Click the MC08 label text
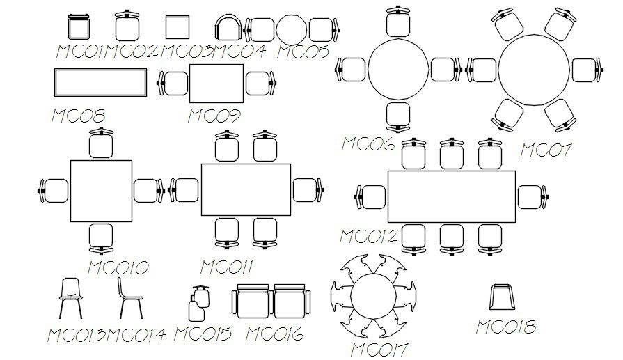(x=78, y=116)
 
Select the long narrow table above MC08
(x=100, y=84)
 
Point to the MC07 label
(x=546, y=150)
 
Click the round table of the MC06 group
(x=399, y=70)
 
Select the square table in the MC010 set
(x=101, y=189)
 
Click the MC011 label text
(x=227, y=267)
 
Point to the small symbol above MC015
(x=198, y=304)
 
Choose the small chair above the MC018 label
(x=502, y=297)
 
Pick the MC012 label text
(x=368, y=236)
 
